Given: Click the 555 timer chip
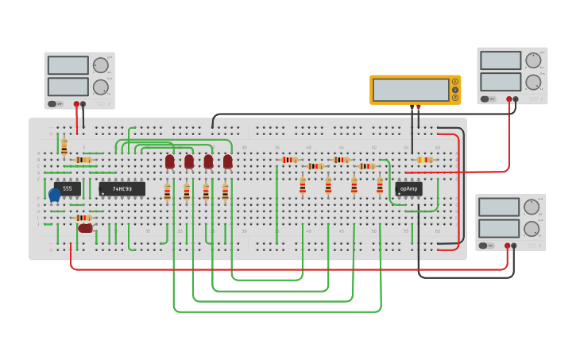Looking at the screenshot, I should pyautogui.click(x=68, y=188).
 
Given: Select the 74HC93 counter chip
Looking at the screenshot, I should pyautogui.click(x=122, y=188).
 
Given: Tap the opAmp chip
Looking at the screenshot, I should pyautogui.click(x=408, y=188).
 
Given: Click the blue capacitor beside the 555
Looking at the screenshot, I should pyautogui.click(x=54, y=194).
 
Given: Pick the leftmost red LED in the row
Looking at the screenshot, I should pyautogui.click(x=170, y=162).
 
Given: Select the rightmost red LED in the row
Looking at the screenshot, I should pyautogui.click(x=228, y=162).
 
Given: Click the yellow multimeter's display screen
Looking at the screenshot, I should pyautogui.click(x=410, y=90).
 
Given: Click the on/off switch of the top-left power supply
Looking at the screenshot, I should pyautogui.click(x=52, y=103).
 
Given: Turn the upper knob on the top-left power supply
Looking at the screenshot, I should pyautogui.click(x=100, y=66).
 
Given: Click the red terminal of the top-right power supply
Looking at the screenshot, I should pyautogui.click(x=508, y=99).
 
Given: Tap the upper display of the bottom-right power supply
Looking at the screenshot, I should pyautogui.click(x=499, y=207).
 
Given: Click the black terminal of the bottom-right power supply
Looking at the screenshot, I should pyautogui.click(x=514, y=246).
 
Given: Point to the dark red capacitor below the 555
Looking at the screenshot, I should pyautogui.click(x=85, y=228).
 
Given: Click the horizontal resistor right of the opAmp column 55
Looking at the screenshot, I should pyautogui.click(x=424, y=160).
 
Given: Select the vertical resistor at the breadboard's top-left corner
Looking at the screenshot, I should pyautogui.click(x=64, y=147).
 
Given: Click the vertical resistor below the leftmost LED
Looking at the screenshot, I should pyautogui.click(x=167, y=192).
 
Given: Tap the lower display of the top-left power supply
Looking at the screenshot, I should pyautogui.click(x=68, y=87).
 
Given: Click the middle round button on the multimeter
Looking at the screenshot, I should pyautogui.click(x=455, y=90).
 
